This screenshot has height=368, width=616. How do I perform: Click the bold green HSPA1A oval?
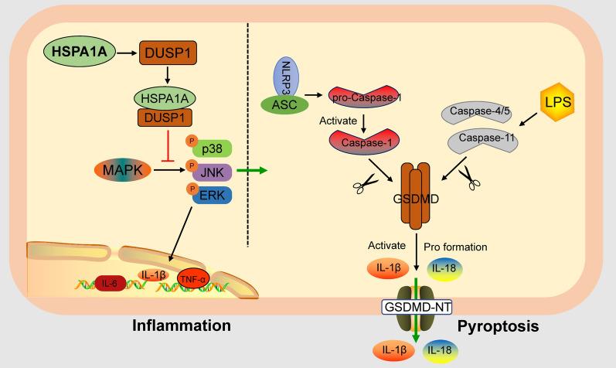[x=79, y=52]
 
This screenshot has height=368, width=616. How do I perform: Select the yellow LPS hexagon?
[x=557, y=102]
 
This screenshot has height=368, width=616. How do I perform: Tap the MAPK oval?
[x=123, y=170]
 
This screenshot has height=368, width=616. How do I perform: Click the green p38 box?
[x=212, y=149]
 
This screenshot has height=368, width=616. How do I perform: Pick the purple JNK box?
[x=212, y=172]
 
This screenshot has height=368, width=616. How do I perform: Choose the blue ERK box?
[x=212, y=196]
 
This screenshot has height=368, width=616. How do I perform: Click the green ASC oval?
[x=285, y=104]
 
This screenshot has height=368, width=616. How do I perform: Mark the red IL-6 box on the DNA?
[x=109, y=283]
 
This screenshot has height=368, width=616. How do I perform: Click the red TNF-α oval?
[x=193, y=279]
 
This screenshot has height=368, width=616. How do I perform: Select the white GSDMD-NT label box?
[x=417, y=307]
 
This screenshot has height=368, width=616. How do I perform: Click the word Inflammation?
[x=182, y=325]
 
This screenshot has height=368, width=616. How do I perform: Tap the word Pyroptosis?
[x=499, y=326]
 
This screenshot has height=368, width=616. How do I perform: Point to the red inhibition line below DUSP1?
[x=168, y=146]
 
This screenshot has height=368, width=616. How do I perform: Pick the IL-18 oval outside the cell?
[x=439, y=350]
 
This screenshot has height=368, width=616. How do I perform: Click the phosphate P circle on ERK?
[x=192, y=189]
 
